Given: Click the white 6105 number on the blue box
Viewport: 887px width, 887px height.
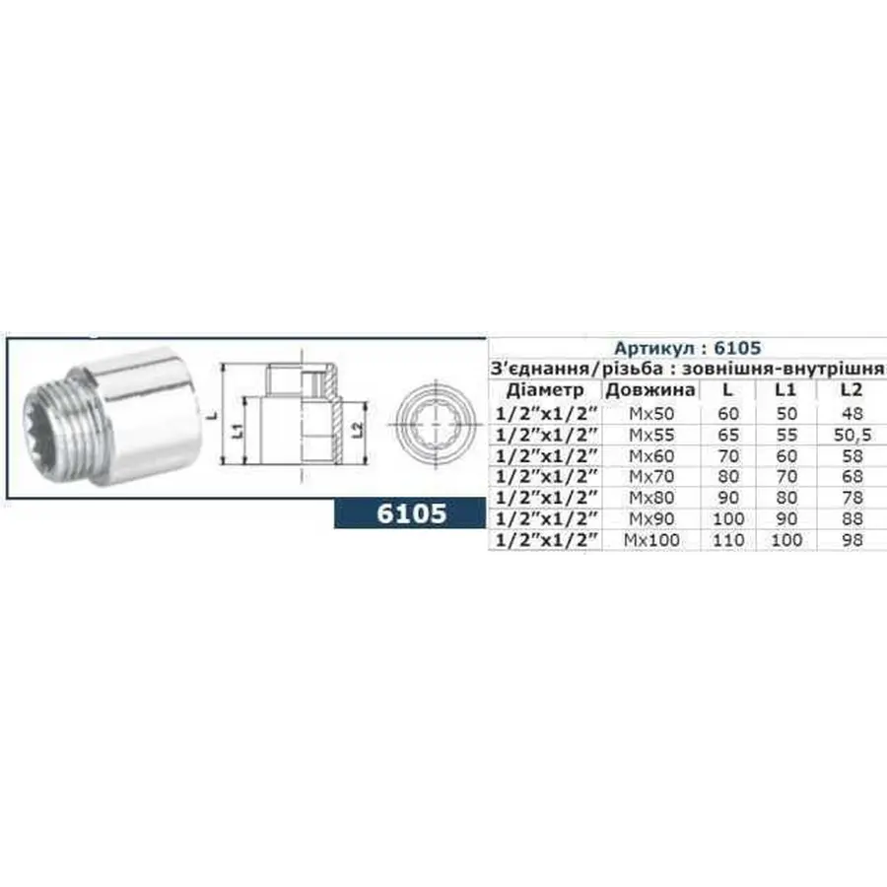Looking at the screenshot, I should pos(413,512).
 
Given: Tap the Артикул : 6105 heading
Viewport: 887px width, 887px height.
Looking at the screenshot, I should pos(687,348).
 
